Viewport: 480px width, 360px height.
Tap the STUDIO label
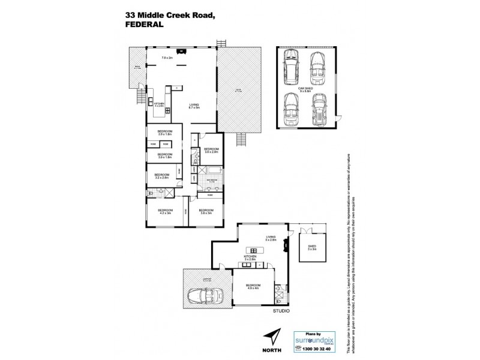281,311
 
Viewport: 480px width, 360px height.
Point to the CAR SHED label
306,88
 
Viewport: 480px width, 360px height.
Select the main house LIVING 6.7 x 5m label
194,106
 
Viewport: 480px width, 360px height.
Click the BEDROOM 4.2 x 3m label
165,211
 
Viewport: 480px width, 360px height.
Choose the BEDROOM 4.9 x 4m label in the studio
253,286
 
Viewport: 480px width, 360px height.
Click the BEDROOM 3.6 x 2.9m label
211,151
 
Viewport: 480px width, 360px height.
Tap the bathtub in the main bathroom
212,181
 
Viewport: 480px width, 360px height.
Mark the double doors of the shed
311,231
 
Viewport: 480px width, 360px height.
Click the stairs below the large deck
241,139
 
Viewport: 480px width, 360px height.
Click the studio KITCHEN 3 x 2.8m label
250,258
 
